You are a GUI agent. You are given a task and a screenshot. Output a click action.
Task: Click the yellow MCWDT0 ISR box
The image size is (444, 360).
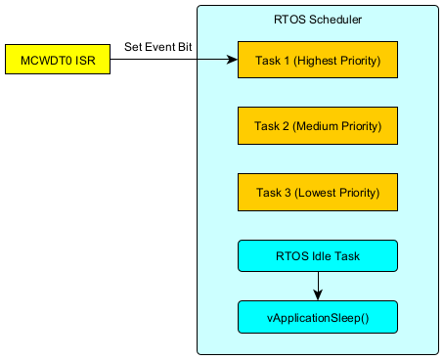58,60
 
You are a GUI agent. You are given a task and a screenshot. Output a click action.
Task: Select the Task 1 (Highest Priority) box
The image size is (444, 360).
318,60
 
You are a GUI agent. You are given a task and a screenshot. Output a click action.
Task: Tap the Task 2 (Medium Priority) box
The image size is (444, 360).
318,125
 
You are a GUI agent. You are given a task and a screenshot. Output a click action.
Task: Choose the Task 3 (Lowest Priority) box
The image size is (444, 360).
318,192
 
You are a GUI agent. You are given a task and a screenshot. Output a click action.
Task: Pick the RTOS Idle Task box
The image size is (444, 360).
318,256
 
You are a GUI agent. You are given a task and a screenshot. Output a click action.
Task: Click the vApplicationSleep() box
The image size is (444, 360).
318,317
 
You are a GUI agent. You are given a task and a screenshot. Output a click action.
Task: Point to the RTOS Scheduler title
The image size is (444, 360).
318,20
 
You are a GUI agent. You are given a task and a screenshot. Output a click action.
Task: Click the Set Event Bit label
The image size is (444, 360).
158,47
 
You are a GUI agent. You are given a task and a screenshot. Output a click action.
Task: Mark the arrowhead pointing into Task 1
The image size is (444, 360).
232,60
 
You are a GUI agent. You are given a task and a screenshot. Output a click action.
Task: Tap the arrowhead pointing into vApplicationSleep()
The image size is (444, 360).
318,294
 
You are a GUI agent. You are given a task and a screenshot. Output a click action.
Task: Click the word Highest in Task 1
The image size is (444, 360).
316,61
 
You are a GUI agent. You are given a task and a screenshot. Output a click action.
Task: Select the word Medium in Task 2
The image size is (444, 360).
317,126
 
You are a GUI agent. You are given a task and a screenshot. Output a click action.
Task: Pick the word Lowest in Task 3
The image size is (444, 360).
317,193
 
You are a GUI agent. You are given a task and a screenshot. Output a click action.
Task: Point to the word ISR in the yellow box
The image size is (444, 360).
85,61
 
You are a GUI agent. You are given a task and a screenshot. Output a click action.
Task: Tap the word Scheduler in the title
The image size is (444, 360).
335,20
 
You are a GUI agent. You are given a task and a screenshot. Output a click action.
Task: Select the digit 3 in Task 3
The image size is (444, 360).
288,193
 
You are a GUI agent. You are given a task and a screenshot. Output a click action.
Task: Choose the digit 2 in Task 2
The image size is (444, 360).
286,126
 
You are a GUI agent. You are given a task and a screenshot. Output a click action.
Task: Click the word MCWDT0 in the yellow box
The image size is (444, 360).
46,61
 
